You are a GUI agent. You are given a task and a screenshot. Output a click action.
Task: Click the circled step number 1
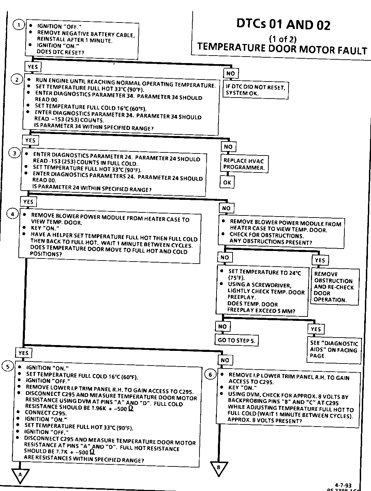click(19, 25)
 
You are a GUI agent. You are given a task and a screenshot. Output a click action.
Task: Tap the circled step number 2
click(17, 80)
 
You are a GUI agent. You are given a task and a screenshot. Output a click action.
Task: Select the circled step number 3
click(14, 153)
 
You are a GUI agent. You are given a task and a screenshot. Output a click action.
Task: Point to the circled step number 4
click(13, 214)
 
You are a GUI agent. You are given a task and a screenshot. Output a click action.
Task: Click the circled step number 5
click(8, 367)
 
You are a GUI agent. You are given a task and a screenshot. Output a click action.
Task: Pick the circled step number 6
click(210, 375)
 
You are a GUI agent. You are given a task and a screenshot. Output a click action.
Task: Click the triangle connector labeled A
click(20, 475)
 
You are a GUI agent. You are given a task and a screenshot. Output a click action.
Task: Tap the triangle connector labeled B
click(219, 468)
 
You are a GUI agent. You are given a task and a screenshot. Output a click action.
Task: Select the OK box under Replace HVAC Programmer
click(227, 182)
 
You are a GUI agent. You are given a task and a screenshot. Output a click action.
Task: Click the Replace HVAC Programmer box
click(243, 164)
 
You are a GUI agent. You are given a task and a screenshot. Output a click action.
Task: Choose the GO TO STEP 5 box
click(236, 340)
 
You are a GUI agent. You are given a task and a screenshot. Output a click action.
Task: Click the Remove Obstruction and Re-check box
click(335, 287)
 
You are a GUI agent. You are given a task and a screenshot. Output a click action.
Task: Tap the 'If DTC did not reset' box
click(255, 90)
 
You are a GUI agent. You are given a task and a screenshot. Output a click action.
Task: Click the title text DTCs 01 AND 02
click(283, 25)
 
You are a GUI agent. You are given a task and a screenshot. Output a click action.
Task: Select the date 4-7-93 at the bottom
click(343, 485)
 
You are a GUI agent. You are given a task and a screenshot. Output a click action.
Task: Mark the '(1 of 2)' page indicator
click(283, 39)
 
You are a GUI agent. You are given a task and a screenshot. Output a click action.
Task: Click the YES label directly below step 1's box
click(33, 67)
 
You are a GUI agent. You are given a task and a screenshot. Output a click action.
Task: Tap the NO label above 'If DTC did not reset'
click(231, 73)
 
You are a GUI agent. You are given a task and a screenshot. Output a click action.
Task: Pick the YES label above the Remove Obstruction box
click(320, 260)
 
